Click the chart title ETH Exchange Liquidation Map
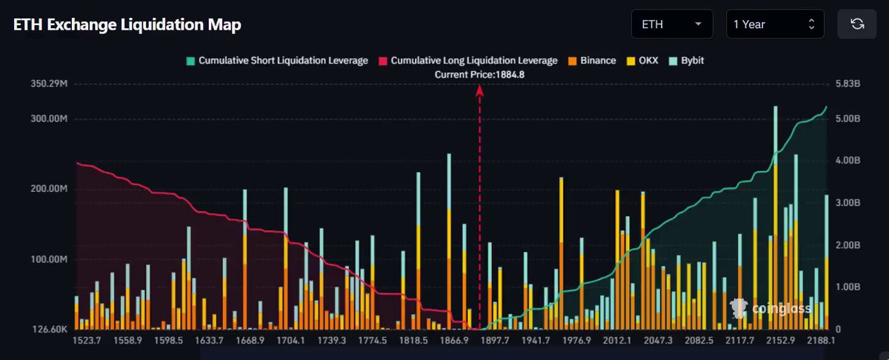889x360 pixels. pyautogui.click(x=127, y=24)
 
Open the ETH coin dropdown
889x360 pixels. pyautogui.click(x=672, y=24)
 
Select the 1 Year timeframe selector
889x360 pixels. pyautogui.click(x=775, y=24)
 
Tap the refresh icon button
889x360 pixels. pyautogui.click(x=857, y=24)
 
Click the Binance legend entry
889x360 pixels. pyautogui.click(x=592, y=61)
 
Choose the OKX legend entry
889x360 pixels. pyautogui.click(x=642, y=61)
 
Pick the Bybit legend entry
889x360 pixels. pyautogui.click(x=686, y=61)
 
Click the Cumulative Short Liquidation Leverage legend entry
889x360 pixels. pyautogui.click(x=277, y=61)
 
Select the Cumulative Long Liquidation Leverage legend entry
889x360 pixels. pyautogui.click(x=468, y=61)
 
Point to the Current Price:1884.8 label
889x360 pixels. pyautogui.click(x=479, y=75)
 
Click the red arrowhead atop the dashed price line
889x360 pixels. pyautogui.click(x=479, y=91)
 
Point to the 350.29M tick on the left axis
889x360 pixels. pyautogui.click(x=49, y=84)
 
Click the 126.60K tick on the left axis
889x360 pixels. pyautogui.click(x=50, y=330)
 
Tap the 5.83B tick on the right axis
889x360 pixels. pyautogui.click(x=848, y=84)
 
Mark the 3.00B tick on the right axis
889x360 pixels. pyautogui.click(x=848, y=203)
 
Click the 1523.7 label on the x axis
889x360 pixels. pyautogui.click(x=87, y=341)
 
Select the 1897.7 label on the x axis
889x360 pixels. pyautogui.click(x=495, y=341)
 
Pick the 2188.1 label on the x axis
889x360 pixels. pyautogui.click(x=821, y=341)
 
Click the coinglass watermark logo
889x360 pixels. pyautogui.click(x=770, y=308)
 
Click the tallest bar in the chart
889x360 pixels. pyautogui.click(x=776, y=218)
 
